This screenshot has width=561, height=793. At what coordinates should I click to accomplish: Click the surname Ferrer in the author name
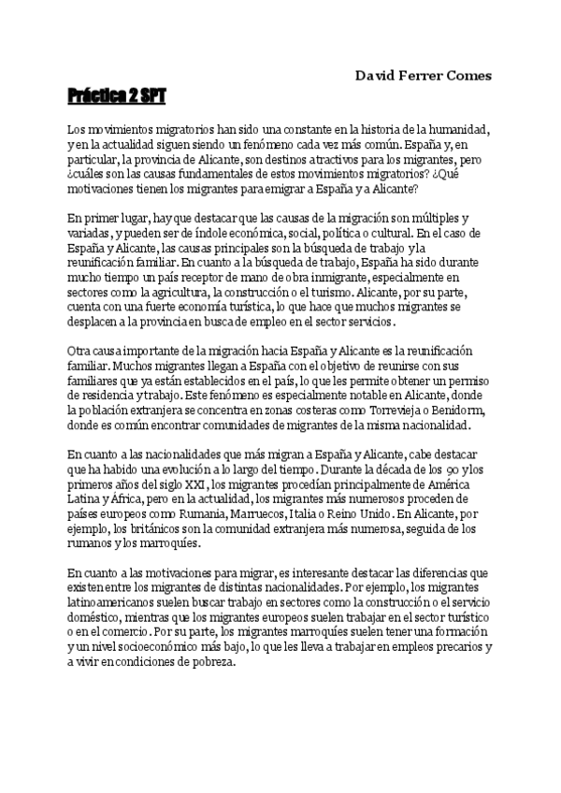420,75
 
